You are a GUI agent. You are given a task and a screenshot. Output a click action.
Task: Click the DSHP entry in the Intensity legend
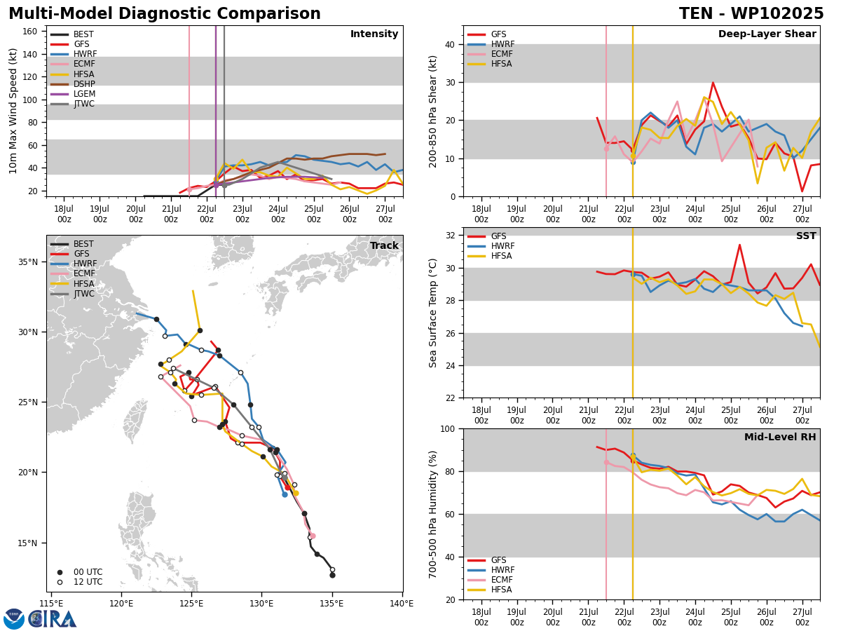coord(72,84)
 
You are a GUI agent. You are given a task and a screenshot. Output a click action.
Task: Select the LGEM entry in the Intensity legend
coord(72,94)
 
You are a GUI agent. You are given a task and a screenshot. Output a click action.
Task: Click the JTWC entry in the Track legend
coord(72,294)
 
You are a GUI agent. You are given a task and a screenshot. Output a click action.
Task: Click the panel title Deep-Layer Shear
coord(767,34)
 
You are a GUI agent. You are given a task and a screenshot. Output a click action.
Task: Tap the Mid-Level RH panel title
coord(780,437)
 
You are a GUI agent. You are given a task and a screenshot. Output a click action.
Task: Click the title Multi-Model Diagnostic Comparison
coord(165,14)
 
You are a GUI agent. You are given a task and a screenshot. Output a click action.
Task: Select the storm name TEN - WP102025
coord(751,14)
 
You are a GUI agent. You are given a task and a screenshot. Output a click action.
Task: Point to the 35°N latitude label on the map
coord(28,262)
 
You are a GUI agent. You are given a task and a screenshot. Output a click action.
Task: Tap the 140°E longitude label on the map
coord(402,604)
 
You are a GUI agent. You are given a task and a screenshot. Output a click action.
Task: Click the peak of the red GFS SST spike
coord(739,245)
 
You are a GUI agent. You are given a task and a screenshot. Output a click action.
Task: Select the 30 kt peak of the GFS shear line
coord(713,82)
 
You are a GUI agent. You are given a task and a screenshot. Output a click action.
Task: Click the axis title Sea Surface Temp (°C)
coord(432,313)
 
